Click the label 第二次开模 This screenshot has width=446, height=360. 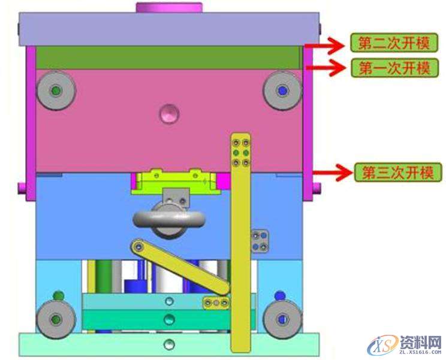(394, 43)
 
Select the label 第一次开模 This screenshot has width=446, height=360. (395, 68)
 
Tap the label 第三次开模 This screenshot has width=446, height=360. (398, 172)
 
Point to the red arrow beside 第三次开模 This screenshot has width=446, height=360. (333, 173)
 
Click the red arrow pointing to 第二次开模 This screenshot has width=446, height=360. (325, 45)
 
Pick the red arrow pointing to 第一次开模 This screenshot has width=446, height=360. (326, 68)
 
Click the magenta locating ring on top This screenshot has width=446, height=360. (169, 7)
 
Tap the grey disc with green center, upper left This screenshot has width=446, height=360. (56, 90)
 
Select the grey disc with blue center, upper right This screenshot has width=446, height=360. (282, 90)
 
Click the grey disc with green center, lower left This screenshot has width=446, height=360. (56, 319)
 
